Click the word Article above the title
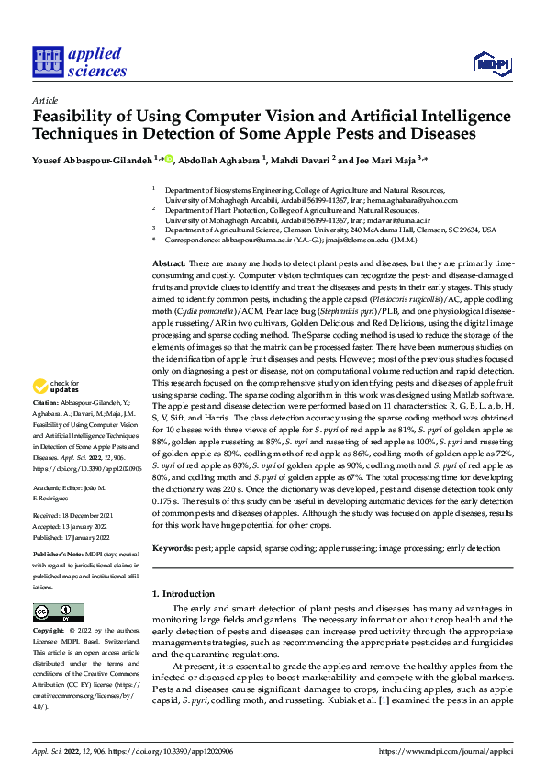pos(45,100)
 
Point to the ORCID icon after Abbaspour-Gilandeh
pos(169,159)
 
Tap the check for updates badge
pos(58,412)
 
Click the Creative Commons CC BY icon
pos(58,612)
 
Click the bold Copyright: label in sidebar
pos(50,632)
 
